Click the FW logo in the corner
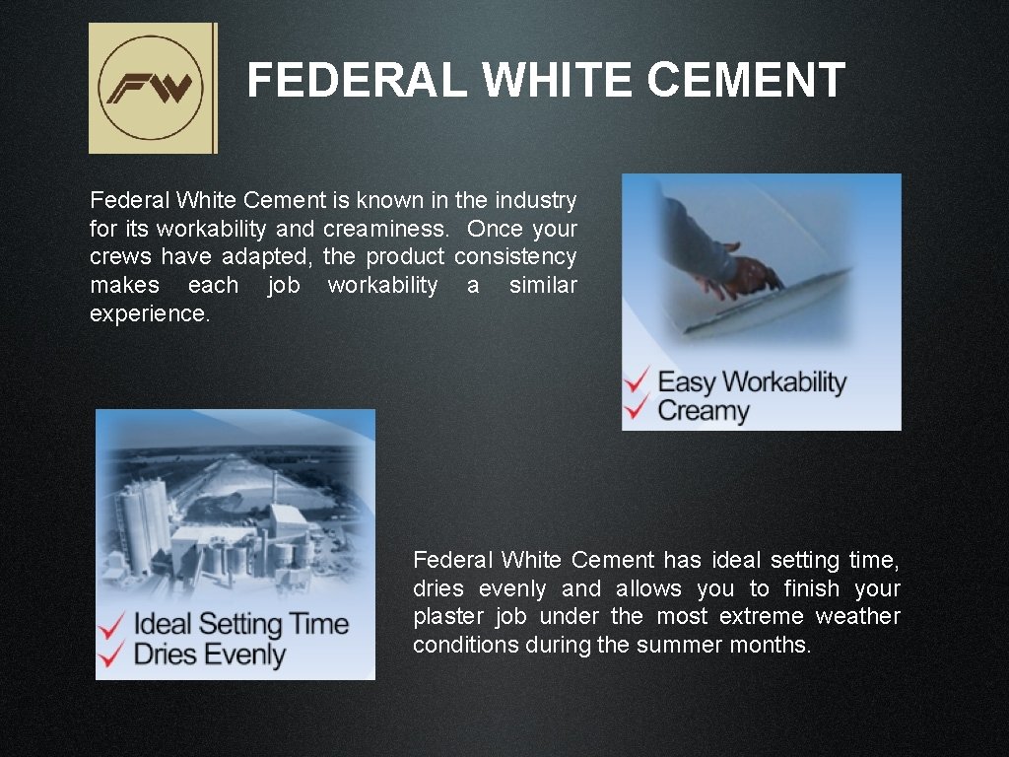[x=152, y=89]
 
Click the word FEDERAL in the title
[x=356, y=81]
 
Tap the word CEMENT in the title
[x=746, y=81]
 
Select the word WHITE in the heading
[x=557, y=81]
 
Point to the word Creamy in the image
[x=704, y=410]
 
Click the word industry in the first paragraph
[x=535, y=201]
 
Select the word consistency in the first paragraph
[x=515, y=257]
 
